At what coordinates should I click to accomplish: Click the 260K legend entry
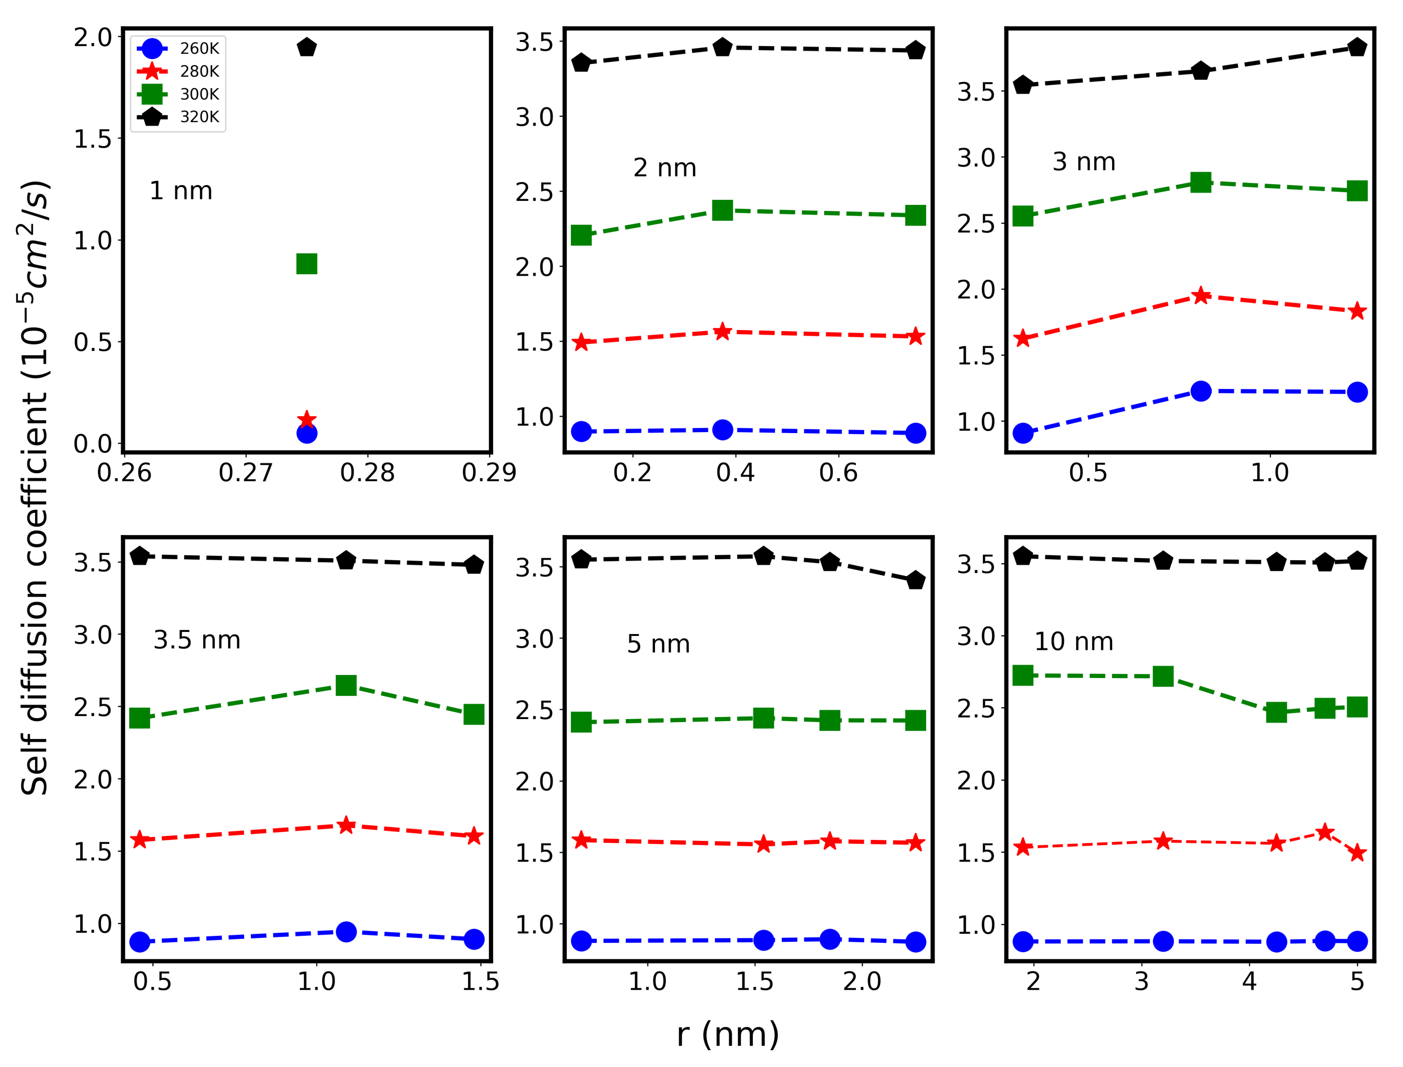[x=178, y=48]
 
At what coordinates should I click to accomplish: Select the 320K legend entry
[x=178, y=117]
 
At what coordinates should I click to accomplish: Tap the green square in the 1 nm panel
[x=307, y=264]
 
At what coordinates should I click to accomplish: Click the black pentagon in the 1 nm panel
[x=307, y=48]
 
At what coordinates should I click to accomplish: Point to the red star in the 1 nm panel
[x=307, y=420]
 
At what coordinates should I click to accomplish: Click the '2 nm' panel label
[x=665, y=168]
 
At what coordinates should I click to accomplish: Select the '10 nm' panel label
[x=1074, y=641]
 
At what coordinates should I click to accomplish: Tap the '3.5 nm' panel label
[x=197, y=639]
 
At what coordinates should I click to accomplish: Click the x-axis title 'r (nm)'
[x=728, y=1035]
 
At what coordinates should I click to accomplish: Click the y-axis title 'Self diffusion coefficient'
[x=35, y=489]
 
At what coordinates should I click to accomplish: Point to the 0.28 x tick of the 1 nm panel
[x=367, y=473]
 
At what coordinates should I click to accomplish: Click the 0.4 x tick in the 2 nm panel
[x=735, y=473]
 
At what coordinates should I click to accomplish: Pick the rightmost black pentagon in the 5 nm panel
[x=915, y=581]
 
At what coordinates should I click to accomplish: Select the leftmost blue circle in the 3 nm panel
[x=1023, y=433]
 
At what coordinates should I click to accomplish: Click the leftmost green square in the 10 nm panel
[x=1023, y=675]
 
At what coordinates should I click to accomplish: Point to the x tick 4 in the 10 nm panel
[x=1249, y=982]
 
